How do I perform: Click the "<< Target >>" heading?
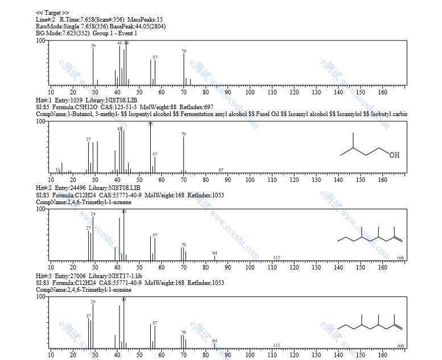point(52,13)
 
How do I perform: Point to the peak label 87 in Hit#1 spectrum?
point(221,170)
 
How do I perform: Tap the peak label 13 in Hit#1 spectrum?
point(58,170)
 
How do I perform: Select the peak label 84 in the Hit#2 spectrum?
point(214,253)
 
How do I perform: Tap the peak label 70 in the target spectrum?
point(184,51)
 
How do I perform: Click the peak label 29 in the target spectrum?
point(93,45)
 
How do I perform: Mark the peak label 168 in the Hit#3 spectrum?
point(400,346)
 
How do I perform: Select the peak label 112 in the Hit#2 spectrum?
point(276,258)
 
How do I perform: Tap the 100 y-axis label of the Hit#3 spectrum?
point(41,296)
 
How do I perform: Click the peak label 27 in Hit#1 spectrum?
point(89,139)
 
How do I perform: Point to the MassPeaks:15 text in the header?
point(145,19)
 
